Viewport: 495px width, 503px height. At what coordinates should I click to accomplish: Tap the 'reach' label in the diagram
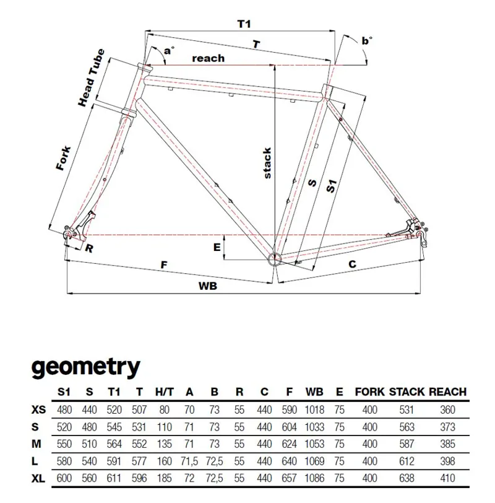(209, 58)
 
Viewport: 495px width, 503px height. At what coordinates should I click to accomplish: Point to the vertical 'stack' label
(267, 163)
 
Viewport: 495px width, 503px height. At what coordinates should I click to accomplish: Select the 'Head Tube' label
(91, 77)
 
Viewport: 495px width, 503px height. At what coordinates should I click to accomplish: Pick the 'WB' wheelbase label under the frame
(209, 287)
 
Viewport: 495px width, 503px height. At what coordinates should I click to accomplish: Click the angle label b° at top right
(368, 42)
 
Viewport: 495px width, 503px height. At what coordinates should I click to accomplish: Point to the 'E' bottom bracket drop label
(217, 247)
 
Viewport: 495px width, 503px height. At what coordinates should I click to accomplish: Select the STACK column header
(407, 392)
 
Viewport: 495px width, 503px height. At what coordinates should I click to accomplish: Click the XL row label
(38, 478)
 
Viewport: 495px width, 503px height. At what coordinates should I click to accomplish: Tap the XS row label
(38, 409)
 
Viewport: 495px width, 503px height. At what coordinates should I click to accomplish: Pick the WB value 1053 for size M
(315, 444)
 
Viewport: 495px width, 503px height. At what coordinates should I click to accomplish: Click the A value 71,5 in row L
(189, 461)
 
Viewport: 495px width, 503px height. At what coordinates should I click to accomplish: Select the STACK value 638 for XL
(407, 478)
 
